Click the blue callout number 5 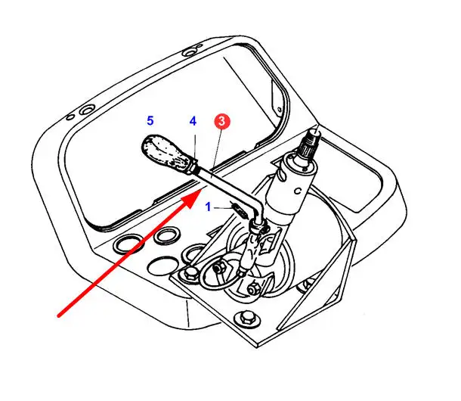[150, 121]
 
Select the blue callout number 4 [193, 121]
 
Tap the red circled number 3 [222, 121]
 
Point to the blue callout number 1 [209, 207]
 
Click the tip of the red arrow [200, 190]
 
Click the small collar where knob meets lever [196, 168]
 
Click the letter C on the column [298, 191]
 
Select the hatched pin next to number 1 [239, 209]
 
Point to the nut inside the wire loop [218, 268]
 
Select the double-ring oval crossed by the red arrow [128, 245]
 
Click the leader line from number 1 [223, 208]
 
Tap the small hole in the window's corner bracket [279, 110]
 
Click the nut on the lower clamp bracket [252, 289]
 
